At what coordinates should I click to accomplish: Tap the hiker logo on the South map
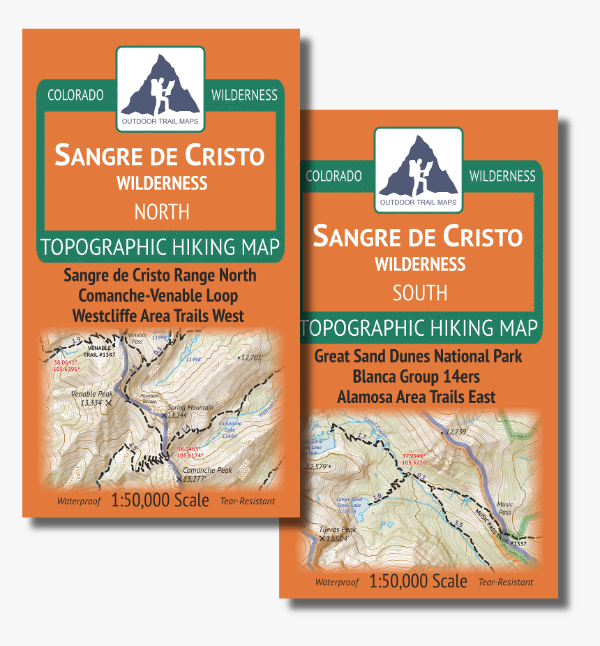coord(418,167)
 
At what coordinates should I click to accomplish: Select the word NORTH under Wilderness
coord(162,212)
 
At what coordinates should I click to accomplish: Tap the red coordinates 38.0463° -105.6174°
coord(191,452)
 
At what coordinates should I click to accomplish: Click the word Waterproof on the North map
coord(79,501)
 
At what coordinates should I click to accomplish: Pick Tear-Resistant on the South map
coord(505,582)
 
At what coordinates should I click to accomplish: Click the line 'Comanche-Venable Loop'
coord(158,295)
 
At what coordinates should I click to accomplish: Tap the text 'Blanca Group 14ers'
coord(417,376)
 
